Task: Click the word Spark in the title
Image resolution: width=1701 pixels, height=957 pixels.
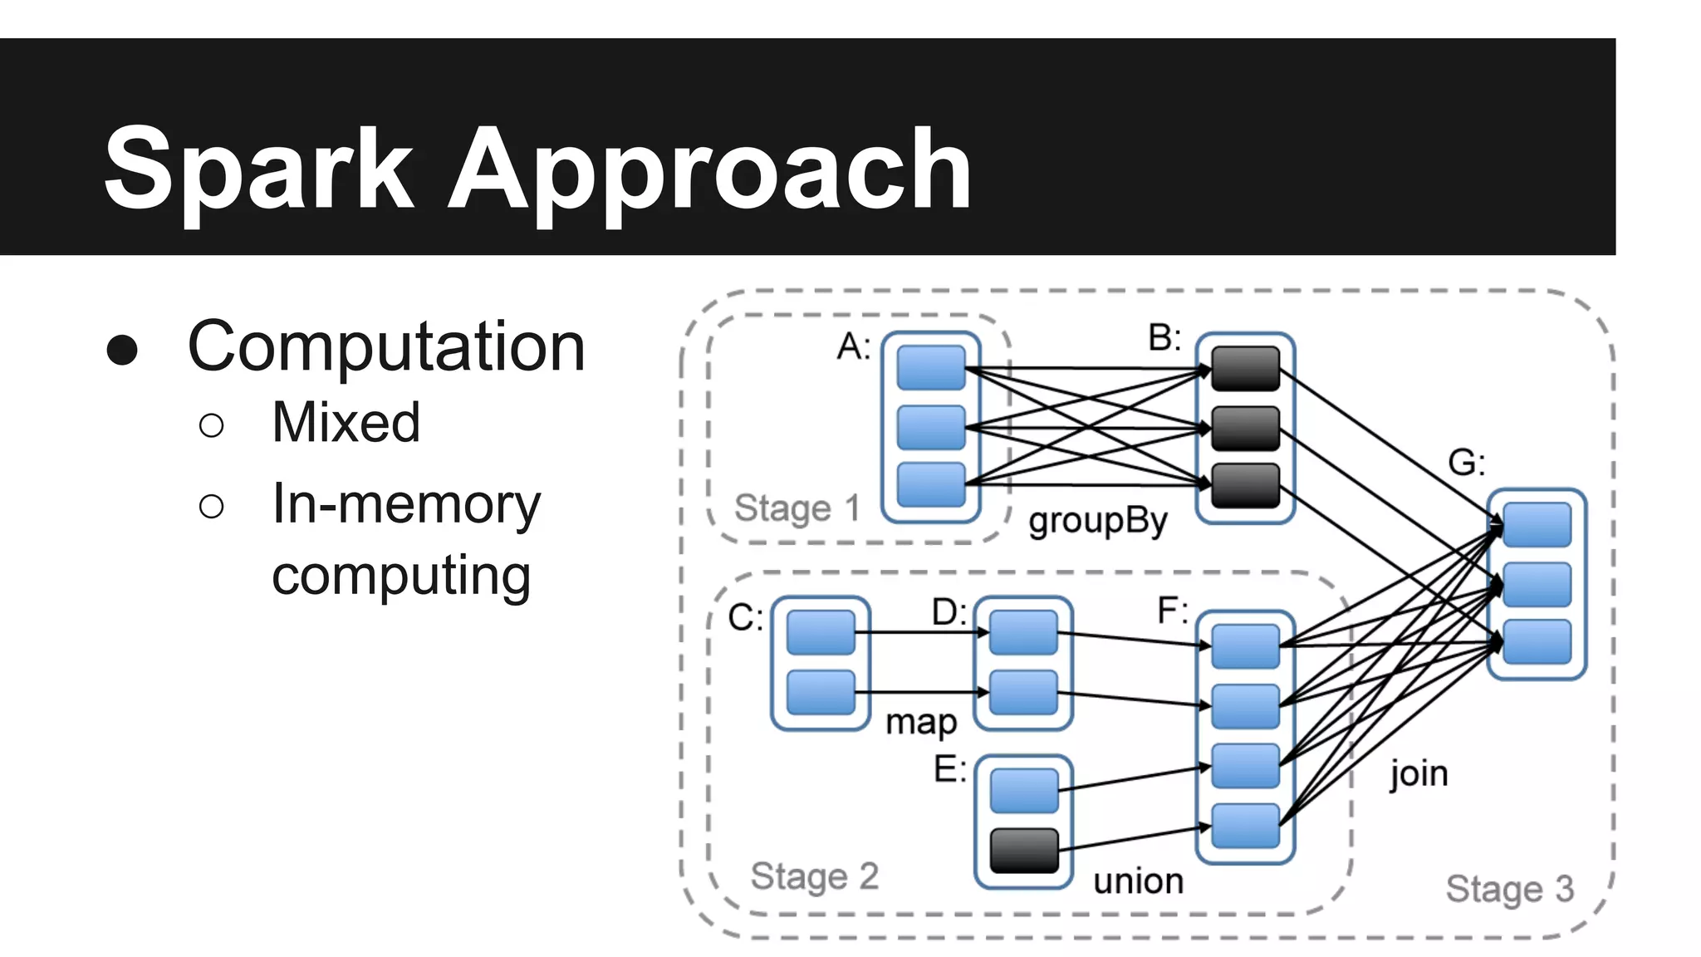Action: tap(257, 169)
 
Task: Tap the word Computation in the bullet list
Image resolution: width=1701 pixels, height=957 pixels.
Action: tap(386, 346)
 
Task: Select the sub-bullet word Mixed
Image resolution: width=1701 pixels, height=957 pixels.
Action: tap(346, 422)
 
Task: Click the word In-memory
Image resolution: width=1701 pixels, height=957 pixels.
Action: tap(406, 503)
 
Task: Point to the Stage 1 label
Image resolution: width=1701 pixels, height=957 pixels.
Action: tap(796, 508)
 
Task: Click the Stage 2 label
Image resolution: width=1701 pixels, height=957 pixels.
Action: tap(814, 876)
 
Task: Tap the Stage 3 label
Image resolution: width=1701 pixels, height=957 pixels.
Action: tap(1509, 889)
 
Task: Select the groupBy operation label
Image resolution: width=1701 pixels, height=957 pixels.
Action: tap(1097, 521)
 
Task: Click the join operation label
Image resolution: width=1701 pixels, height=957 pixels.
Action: tap(1419, 773)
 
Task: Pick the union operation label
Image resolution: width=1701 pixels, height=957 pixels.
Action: tap(1138, 881)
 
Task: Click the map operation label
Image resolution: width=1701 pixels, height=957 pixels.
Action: tap(921, 721)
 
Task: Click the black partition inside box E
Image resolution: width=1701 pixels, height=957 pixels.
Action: tap(1024, 850)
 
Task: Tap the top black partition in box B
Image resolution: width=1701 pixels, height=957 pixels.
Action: tap(1245, 368)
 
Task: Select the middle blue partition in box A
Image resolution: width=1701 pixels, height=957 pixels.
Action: tap(931, 427)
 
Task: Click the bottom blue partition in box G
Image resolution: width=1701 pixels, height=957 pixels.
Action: tap(1537, 641)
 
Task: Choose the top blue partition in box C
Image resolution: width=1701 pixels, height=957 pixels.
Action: tap(821, 632)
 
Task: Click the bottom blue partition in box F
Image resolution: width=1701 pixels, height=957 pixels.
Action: tap(1245, 825)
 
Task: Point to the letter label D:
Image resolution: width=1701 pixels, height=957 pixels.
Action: tap(949, 612)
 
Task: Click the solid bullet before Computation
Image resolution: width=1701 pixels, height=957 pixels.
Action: tap(122, 350)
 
